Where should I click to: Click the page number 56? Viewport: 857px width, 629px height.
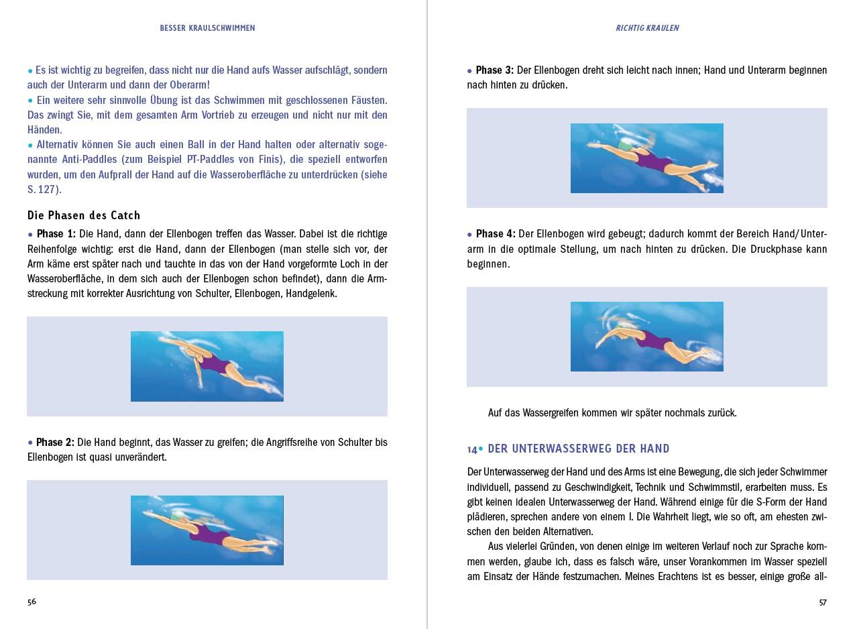click(x=32, y=602)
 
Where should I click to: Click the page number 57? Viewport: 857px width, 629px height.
click(x=823, y=602)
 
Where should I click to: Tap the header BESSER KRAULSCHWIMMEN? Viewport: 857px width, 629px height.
click(x=207, y=28)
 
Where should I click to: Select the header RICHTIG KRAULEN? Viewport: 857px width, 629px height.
click(x=647, y=28)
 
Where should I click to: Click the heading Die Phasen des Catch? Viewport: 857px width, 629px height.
click(x=84, y=215)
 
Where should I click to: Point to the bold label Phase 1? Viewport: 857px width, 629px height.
click(x=56, y=234)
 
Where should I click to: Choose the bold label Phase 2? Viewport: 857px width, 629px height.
click(x=55, y=443)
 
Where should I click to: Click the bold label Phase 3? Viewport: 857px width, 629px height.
click(x=494, y=70)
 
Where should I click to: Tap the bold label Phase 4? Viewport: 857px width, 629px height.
click(x=495, y=234)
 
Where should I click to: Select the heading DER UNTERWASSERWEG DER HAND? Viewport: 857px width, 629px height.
click(x=578, y=449)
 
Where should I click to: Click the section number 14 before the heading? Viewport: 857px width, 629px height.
click(x=472, y=449)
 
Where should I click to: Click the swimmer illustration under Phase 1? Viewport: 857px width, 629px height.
click(x=207, y=366)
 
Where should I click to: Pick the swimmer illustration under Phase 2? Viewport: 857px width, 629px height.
click(x=207, y=530)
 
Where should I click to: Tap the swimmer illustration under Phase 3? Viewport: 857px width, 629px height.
click(x=646, y=158)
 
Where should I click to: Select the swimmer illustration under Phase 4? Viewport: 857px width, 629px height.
click(x=646, y=337)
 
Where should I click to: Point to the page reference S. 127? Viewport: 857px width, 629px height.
click(x=44, y=190)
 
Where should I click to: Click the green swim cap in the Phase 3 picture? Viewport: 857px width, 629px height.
click(x=624, y=146)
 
